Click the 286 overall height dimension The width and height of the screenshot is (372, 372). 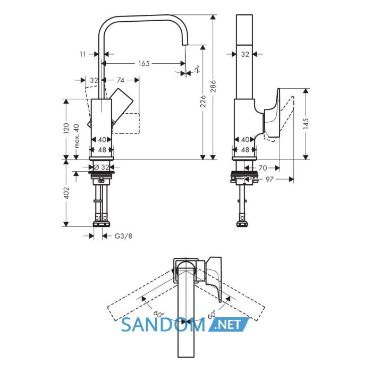(213, 86)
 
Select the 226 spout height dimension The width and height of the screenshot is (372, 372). (203, 101)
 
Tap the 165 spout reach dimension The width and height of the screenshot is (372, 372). (144, 64)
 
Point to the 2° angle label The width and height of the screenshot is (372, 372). (197, 69)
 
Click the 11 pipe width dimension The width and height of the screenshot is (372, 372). (82, 54)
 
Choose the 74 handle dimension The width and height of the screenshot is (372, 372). (121, 80)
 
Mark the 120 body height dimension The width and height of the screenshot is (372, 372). (66, 129)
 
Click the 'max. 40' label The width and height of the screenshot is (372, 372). (77, 136)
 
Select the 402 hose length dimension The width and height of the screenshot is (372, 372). (66, 193)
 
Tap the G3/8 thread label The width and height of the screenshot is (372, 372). (123, 236)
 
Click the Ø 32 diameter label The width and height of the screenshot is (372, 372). (102, 167)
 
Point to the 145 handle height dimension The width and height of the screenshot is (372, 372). (306, 124)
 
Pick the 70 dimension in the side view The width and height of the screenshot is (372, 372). (263, 168)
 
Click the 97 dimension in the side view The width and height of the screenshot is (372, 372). (269, 180)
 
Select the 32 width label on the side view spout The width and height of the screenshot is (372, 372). (245, 54)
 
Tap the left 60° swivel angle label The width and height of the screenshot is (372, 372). (159, 314)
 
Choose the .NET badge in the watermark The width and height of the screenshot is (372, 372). (228, 324)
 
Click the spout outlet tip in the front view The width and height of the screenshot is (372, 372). (184, 44)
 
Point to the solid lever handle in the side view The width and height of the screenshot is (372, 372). (272, 113)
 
